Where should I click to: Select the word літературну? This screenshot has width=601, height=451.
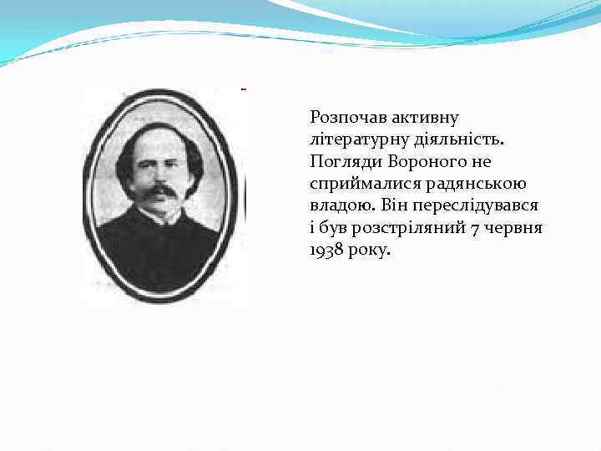[356, 139]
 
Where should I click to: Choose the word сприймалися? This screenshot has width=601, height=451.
[355, 183]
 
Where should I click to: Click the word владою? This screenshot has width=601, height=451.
[336, 205]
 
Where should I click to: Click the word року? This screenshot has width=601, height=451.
[368, 248]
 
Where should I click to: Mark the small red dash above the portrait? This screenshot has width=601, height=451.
[243, 87]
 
